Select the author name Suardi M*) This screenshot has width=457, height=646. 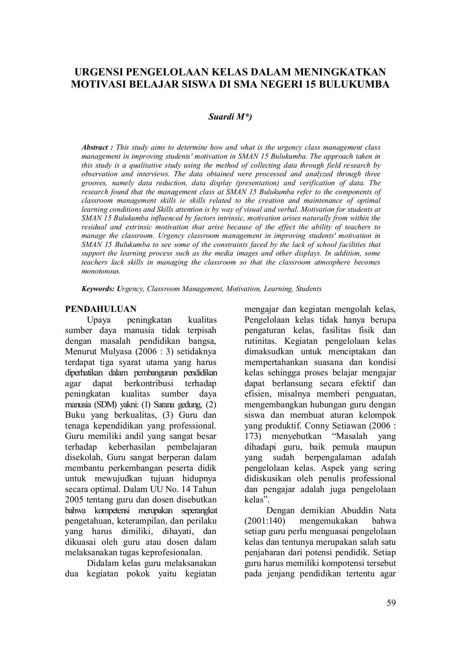pos(230,117)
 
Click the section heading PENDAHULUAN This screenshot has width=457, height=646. pos(101,309)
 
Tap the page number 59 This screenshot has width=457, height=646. pos(391,603)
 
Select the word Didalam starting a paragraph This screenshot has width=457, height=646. pos(103,563)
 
